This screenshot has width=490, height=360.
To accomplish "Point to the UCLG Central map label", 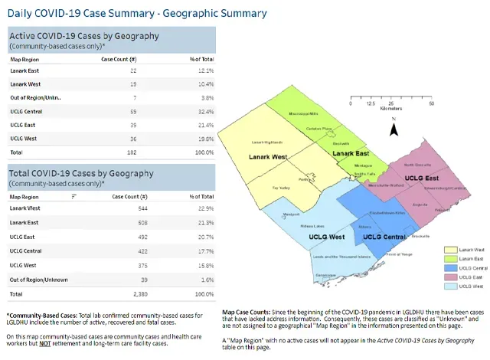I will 384,237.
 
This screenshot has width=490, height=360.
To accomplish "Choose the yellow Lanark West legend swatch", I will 451,250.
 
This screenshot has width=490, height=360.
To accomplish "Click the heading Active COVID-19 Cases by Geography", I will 83,36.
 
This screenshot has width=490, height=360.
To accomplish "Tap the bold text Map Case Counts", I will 247,313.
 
